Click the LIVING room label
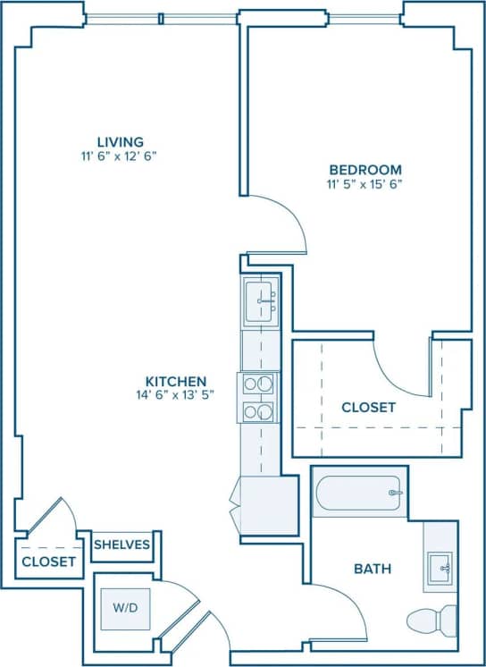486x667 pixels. click(x=121, y=141)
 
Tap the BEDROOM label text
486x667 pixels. click(x=364, y=170)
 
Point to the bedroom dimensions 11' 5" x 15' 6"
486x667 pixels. click(x=364, y=185)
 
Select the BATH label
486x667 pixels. click(x=373, y=568)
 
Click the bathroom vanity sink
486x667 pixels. click(x=440, y=567)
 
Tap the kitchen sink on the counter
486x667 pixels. click(x=263, y=300)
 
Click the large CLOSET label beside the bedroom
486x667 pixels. click(x=368, y=408)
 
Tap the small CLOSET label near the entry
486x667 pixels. click(x=48, y=561)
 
